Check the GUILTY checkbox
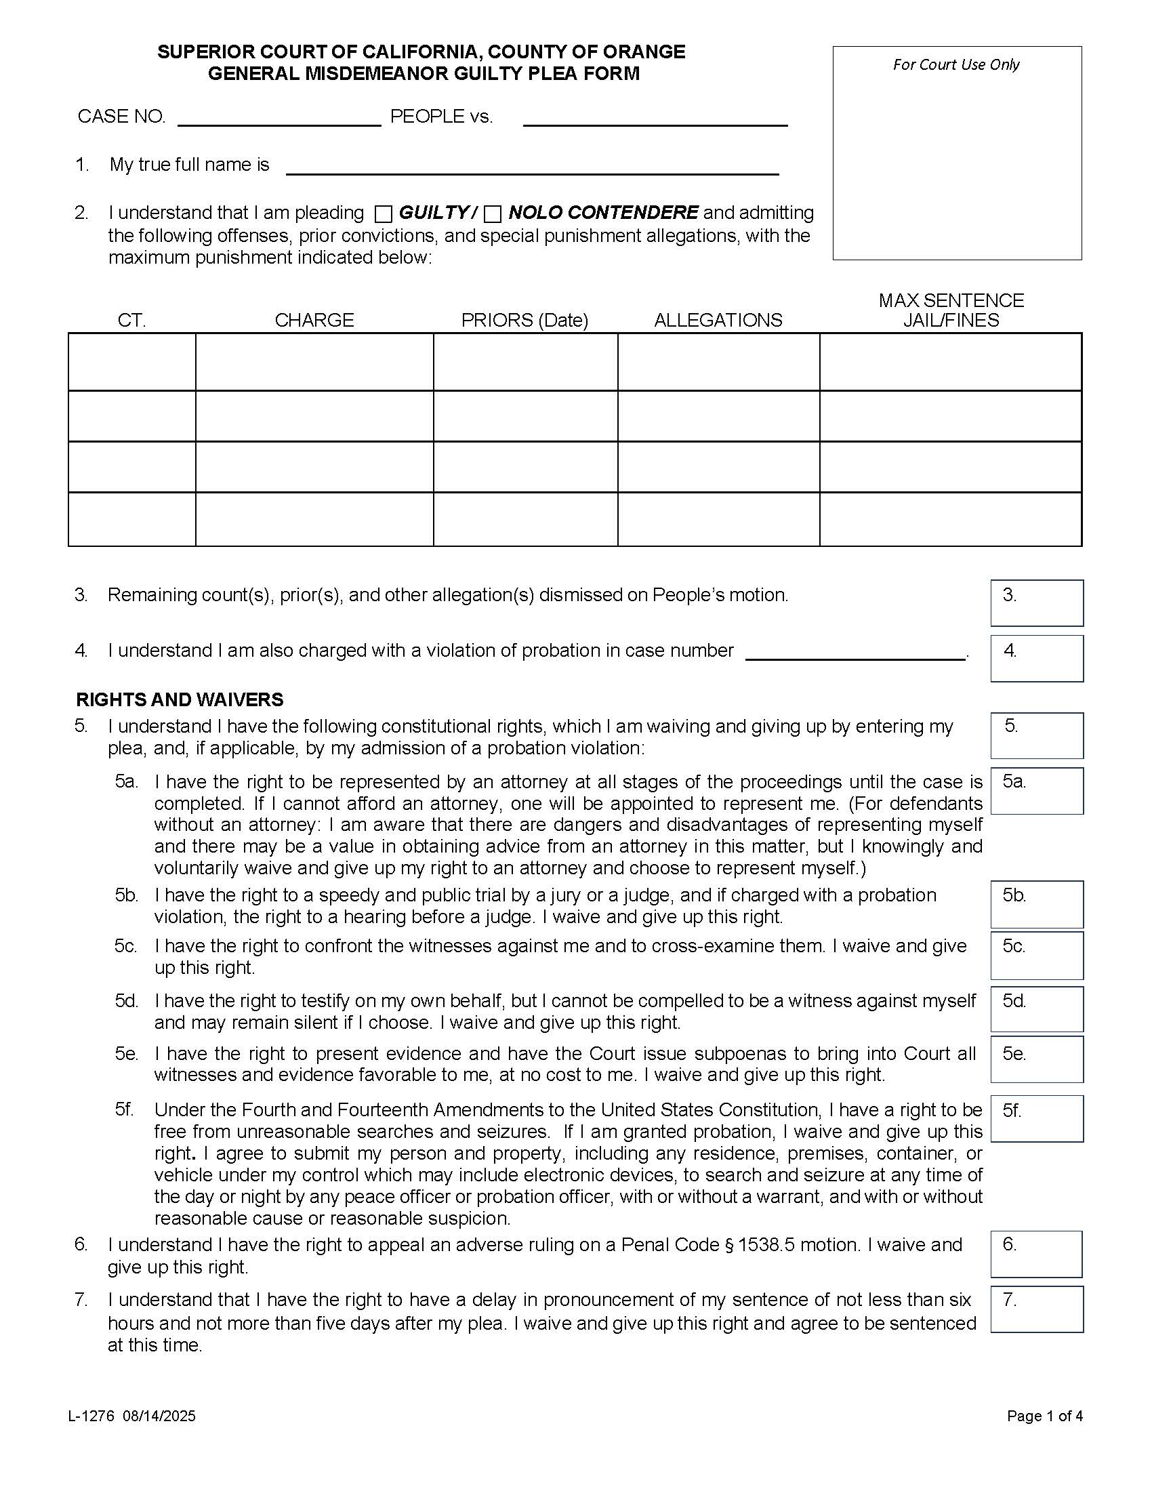[384, 214]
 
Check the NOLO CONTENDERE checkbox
[493, 214]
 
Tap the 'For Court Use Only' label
[955, 65]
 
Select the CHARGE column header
[314, 320]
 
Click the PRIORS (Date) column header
[524, 320]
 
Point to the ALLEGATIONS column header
[718, 320]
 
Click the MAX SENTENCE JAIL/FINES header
[951, 310]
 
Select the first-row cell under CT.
[131, 362]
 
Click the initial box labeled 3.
[1037, 602]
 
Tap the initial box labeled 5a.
[1037, 790]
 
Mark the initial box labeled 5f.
[1037, 1118]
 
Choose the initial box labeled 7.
[1037, 1309]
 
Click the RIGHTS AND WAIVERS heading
[180, 700]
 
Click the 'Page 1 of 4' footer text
[1044, 1416]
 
